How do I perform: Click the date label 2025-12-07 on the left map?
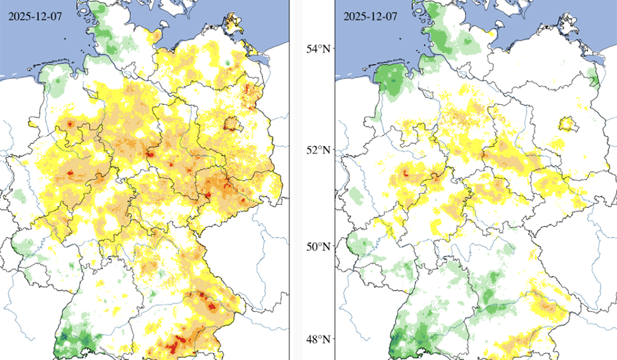[31, 16]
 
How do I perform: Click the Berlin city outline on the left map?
[234, 123]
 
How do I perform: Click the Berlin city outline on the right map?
[566, 123]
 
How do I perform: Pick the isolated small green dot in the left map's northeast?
[227, 63]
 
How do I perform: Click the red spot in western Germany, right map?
[404, 173]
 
